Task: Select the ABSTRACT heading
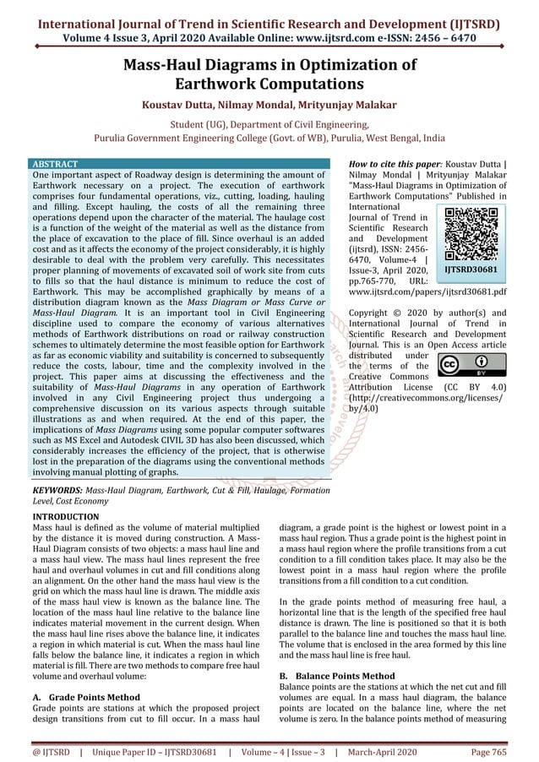click(x=54, y=163)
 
